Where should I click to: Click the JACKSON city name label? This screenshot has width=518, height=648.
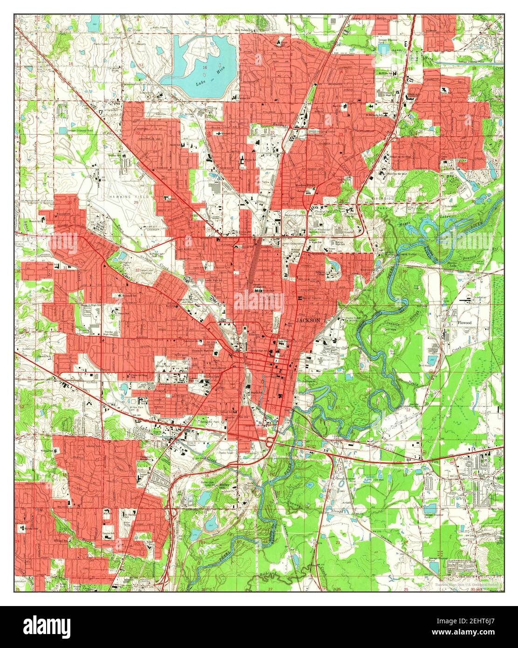308,321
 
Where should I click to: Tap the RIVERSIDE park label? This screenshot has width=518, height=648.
383,199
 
